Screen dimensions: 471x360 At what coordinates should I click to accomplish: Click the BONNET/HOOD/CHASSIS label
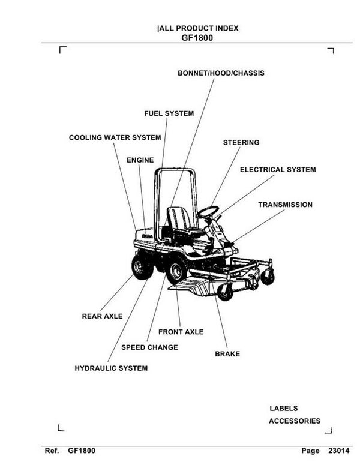click(x=221, y=73)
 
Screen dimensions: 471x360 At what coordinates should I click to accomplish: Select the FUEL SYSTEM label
click(x=169, y=113)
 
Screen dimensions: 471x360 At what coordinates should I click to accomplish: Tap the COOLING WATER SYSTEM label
click(x=115, y=138)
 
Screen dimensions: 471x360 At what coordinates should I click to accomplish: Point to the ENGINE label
click(x=140, y=160)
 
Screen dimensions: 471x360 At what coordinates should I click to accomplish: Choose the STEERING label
click(x=241, y=143)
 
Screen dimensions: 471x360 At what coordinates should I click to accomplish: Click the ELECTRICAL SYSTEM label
click(x=277, y=170)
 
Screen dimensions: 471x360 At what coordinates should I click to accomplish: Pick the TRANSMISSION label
click(x=285, y=205)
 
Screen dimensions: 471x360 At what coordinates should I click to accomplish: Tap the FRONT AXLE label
click(x=181, y=332)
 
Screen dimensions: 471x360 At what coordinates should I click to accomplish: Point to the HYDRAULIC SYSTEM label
click(x=111, y=368)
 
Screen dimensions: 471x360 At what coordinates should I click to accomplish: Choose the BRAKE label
click(x=227, y=354)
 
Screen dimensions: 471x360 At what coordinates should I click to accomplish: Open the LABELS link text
click(x=283, y=409)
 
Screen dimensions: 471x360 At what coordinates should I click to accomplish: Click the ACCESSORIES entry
click(x=294, y=421)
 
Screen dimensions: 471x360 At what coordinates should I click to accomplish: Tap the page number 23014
click(x=338, y=451)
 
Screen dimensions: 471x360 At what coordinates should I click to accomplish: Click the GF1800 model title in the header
click(x=197, y=37)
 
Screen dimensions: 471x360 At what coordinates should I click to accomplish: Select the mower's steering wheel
click(x=208, y=211)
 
